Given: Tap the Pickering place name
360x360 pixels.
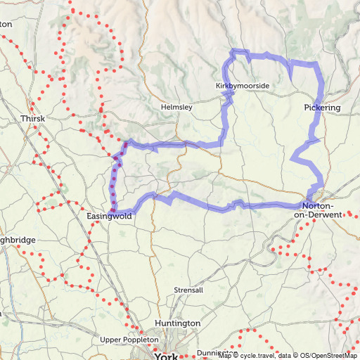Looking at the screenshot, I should (323, 108).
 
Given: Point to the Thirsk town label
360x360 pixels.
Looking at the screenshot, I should (32, 119).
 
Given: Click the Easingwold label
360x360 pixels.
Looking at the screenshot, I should (109, 217).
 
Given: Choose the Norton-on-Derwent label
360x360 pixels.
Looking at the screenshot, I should (321, 210).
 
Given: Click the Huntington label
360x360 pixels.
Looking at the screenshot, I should (178, 323).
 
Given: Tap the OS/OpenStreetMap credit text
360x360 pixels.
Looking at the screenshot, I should (328, 356).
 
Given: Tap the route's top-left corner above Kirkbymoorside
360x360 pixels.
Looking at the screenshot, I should (235, 51).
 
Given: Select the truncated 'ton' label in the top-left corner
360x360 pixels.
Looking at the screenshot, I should (6, 23).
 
